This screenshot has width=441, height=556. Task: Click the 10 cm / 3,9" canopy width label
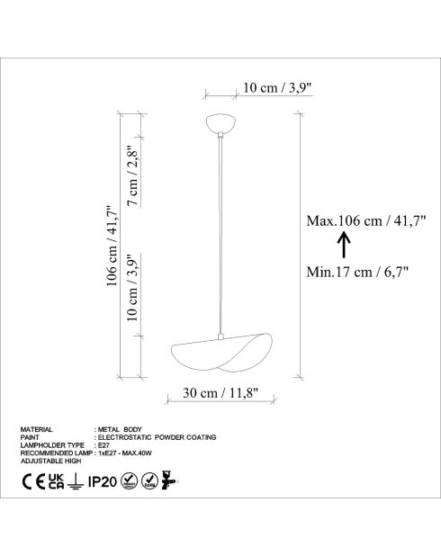click(278, 88)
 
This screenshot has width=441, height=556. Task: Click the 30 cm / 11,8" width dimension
click(221, 392)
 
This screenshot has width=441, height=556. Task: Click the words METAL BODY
click(119, 430)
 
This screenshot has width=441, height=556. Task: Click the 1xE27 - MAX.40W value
click(126, 452)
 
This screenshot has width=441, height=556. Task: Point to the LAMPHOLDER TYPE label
click(51, 444)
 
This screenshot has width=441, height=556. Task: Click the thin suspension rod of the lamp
click(221, 234)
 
